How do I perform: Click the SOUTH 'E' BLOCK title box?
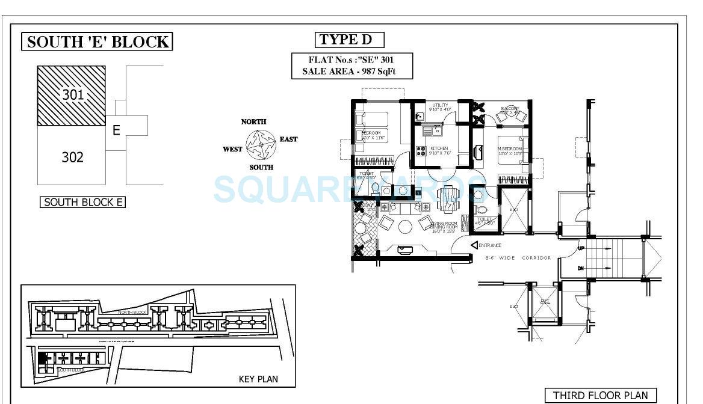[98, 41]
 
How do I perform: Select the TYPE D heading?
[349, 40]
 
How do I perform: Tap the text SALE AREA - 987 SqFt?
[352, 72]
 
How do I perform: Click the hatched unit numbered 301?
[72, 95]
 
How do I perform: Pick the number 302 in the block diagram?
[72, 158]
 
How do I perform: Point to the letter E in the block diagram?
[117, 130]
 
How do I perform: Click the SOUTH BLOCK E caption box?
[82, 202]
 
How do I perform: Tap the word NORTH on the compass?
[253, 121]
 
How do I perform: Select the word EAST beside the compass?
[288, 139]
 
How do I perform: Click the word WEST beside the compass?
[233, 149]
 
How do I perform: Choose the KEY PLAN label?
[258, 379]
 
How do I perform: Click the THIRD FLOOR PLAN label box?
[600, 395]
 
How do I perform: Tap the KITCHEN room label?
[439, 148]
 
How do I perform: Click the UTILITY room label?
[440, 106]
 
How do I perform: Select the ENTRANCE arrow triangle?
[474, 245]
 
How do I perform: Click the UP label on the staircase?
[581, 248]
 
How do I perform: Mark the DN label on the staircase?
[581, 268]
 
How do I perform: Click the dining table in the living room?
[447, 199]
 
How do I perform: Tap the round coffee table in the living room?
[404, 227]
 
